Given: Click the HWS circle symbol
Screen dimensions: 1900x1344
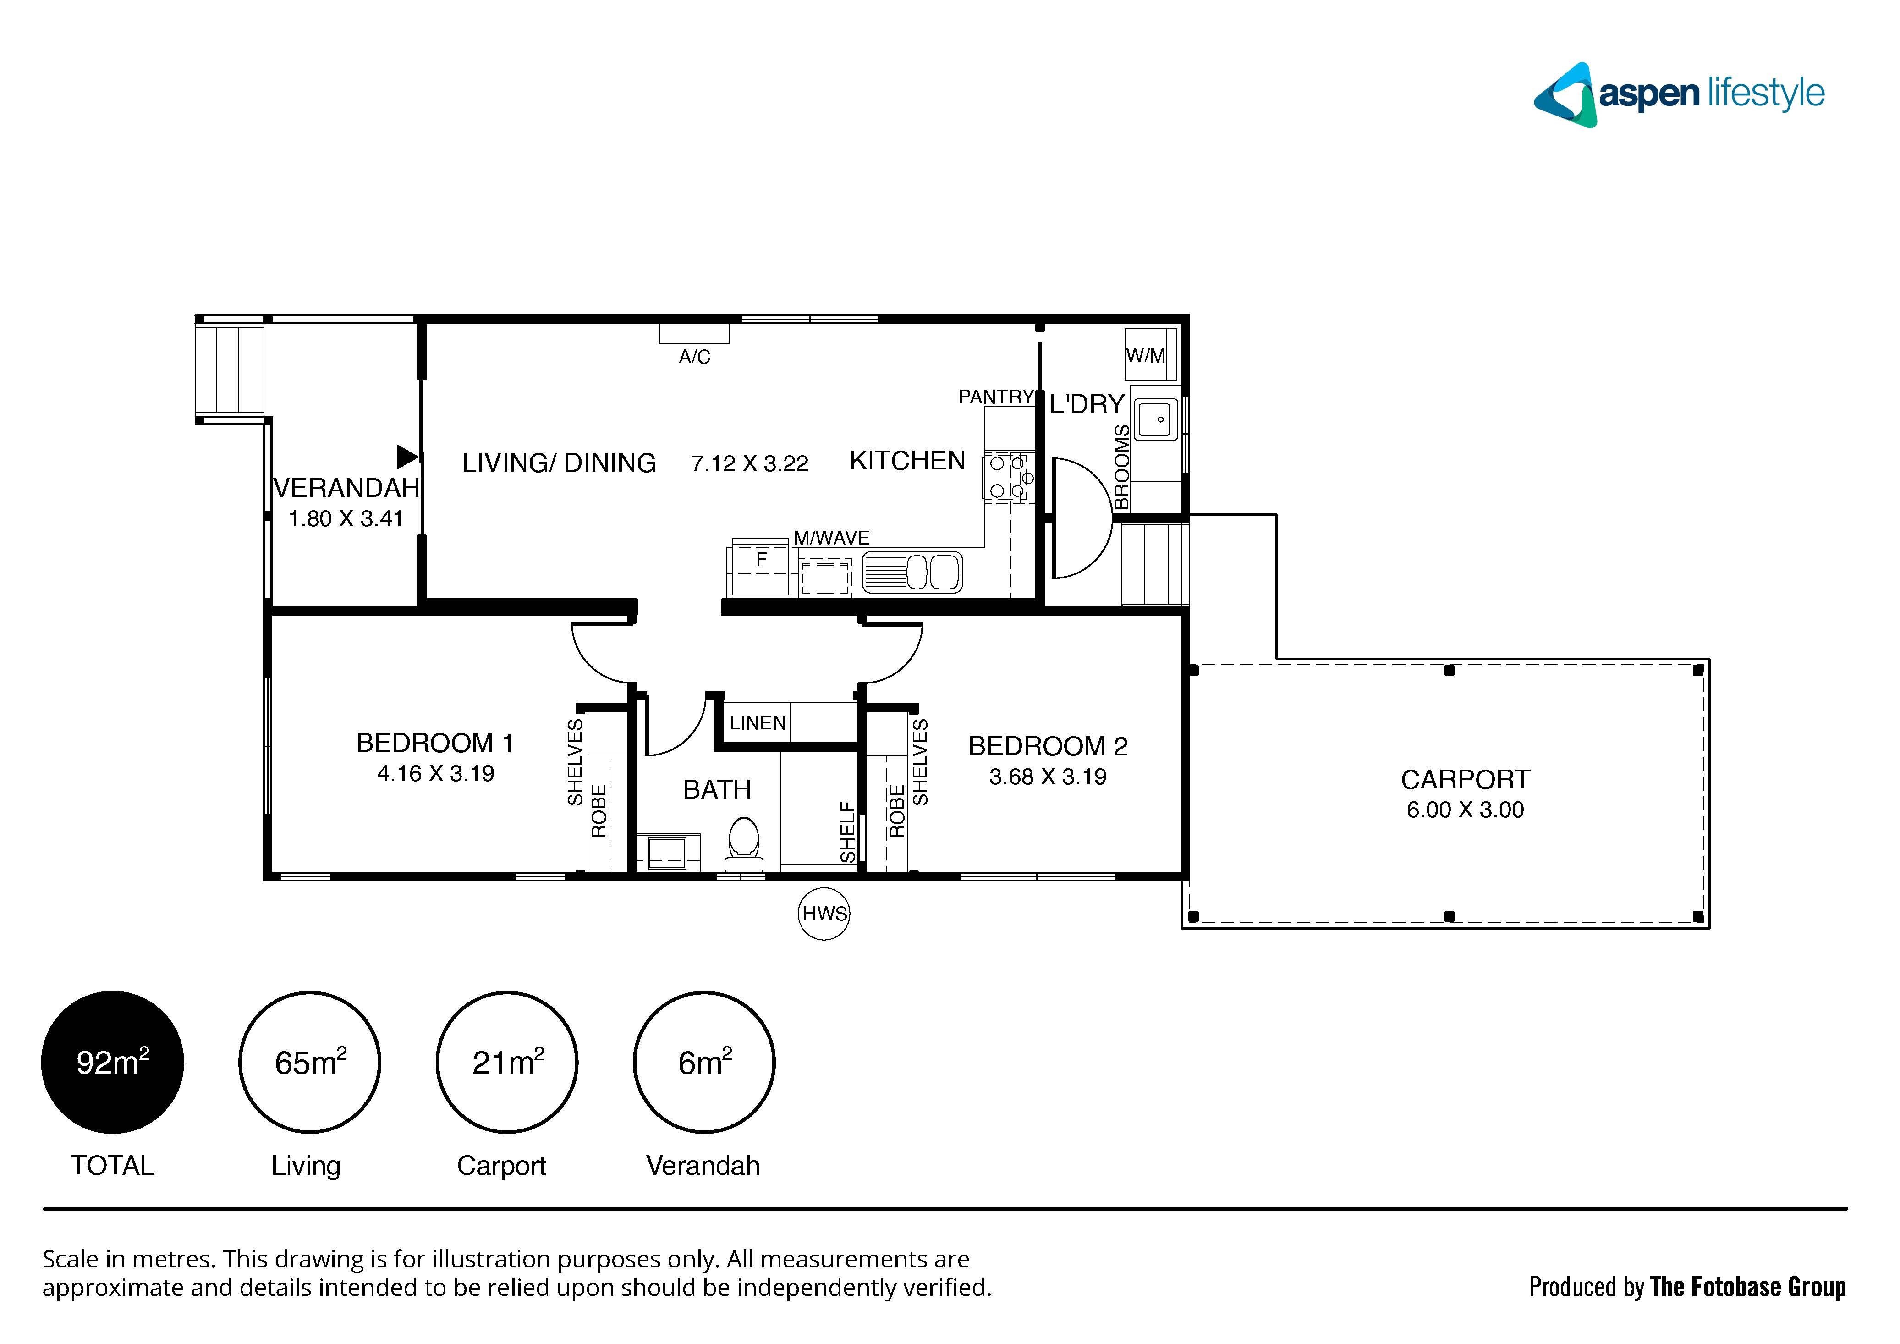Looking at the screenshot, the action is pyautogui.click(x=824, y=914).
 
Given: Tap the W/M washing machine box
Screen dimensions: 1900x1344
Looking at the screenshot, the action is pyautogui.click(x=1151, y=355).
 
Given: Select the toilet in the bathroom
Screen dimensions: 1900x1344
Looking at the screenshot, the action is pyautogui.click(x=744, y=844).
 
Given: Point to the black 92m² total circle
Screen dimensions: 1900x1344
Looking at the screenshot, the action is pyautogui.click(x=113, y=1063).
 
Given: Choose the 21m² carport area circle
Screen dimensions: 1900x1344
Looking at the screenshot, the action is pyautogui.click(x=507, y=1063).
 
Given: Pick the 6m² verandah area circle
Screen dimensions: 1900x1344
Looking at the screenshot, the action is pyautogui.click(x=704, y=1063).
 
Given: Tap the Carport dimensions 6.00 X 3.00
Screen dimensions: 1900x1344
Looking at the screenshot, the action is pyautogui.click(x=1465, y=810).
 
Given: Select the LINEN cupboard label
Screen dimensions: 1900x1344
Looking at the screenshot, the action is pyautogui.click(x=757, y=723).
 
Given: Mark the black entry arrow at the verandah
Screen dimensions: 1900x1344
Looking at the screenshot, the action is pyautogui.click(x=407, y=457).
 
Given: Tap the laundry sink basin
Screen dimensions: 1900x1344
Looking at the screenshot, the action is pyautogui.click(x=1156, y=419).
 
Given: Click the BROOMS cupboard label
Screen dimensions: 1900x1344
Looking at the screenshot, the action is pyautogui.click(x=1121, y=468).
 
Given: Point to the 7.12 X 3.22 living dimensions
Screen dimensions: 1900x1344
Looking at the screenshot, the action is pyautogui.click(x=750, y=463).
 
